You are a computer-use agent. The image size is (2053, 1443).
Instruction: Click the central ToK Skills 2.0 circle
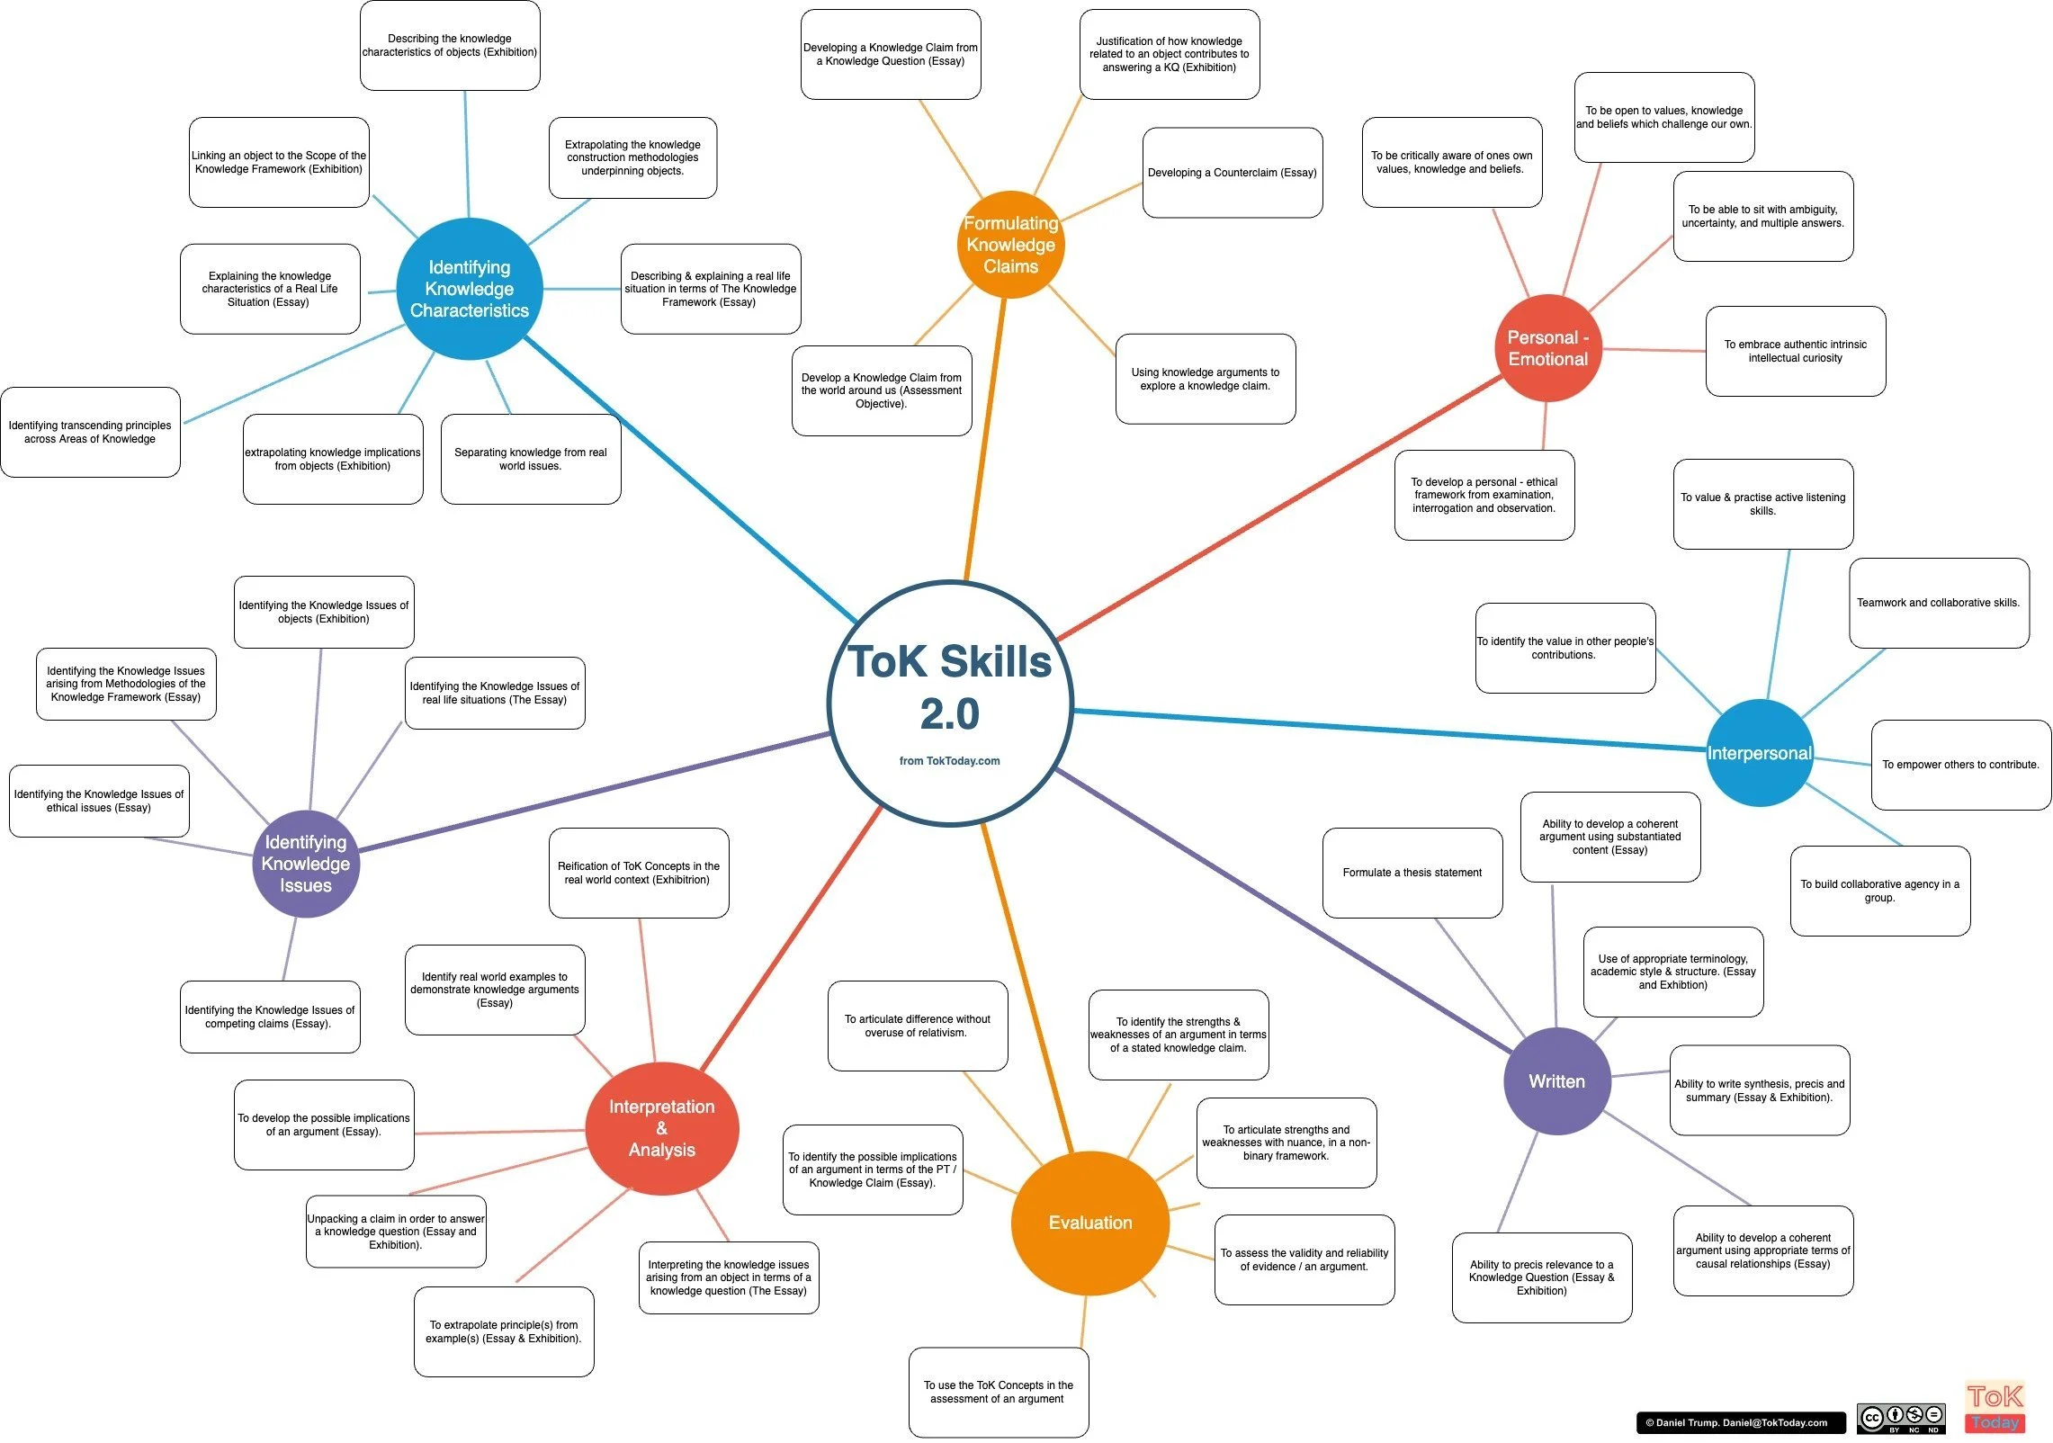click(950, 703)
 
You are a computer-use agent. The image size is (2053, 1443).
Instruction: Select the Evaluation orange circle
click(1089, 1223)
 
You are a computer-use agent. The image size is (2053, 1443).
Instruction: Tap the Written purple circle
click(1556, 1081)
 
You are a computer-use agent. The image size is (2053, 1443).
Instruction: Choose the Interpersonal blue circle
click(1760, 753)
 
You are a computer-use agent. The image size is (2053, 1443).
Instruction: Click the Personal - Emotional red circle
click(1547, 348)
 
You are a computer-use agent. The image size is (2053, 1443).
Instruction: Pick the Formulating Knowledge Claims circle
click(1010, 245)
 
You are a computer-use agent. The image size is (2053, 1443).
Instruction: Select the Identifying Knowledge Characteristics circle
click(469, 289)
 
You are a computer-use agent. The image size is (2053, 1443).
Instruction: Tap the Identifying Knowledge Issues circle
click(306, 864)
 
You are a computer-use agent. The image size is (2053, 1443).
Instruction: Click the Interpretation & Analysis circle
click(661, 1128)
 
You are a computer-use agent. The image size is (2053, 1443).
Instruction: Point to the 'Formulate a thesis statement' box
click(1412, 873)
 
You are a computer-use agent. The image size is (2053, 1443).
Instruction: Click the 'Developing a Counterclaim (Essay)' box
click(1232, 173)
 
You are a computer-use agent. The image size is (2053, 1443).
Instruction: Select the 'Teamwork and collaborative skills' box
click(1938, 603)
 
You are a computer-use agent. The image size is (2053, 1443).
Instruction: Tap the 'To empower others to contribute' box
click(1960, 765)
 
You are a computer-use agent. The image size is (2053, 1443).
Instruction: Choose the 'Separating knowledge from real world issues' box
click(531, 459)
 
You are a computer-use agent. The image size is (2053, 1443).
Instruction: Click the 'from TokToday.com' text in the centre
click(949, 761)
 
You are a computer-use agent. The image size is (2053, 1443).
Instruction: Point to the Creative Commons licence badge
click(1901, 1419)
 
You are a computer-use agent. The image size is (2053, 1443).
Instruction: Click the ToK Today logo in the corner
click(1995, 1407)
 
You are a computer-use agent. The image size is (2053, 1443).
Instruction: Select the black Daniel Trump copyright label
click(1736, 1422)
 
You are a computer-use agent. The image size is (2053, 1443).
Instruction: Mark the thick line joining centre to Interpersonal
click(1385, 730)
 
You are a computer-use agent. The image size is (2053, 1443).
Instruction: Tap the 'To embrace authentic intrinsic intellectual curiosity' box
click(1795, 351)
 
